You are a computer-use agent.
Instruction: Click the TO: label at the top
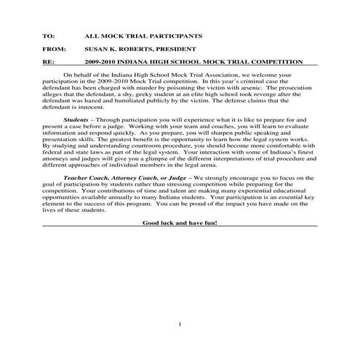pyautogui.click(x=49, y=35)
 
